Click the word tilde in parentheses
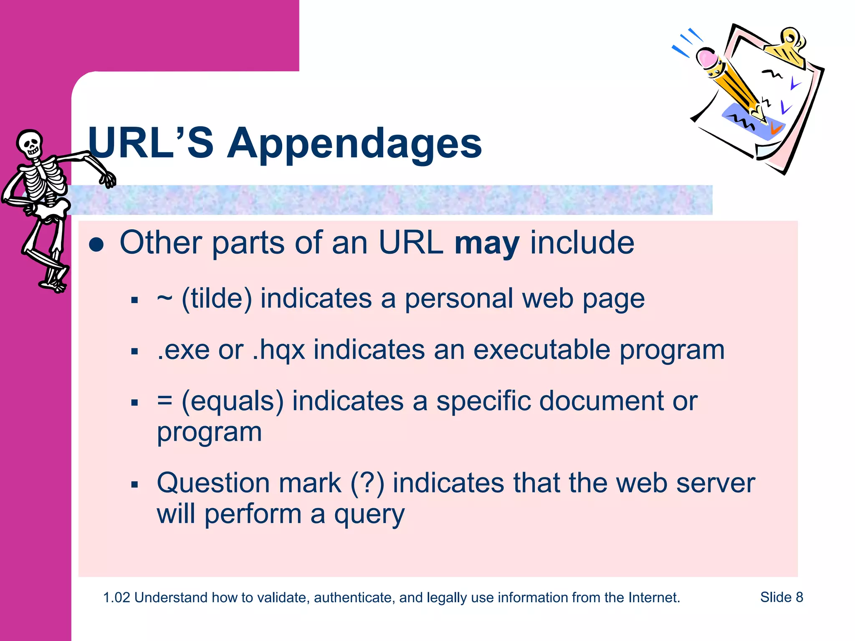(217, 298)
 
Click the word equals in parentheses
(233, 401)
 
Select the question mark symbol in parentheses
(367, 483)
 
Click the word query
(369, 515)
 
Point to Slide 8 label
(782, 597)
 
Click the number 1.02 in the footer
(116, 598)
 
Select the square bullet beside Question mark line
(134, 485)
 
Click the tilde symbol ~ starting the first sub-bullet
(164, 298)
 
